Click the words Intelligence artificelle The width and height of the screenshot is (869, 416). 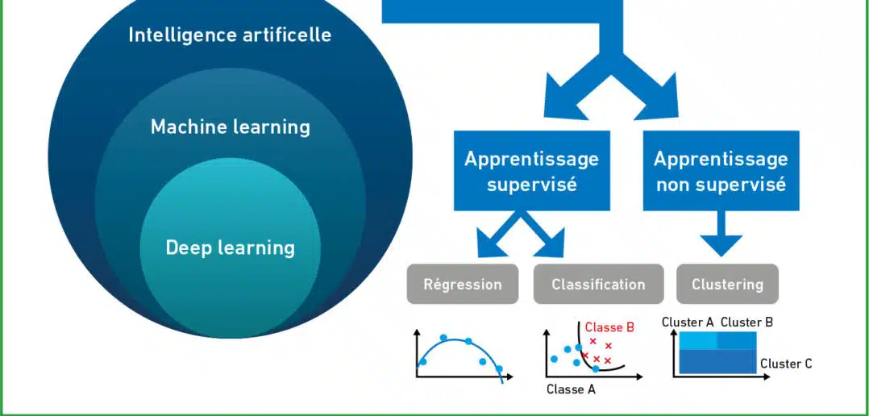tap(230, 35)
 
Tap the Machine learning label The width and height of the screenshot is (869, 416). tap(231, 127)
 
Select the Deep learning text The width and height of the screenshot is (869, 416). tap(230, 248)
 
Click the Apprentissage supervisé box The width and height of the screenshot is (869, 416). tap(531, 171)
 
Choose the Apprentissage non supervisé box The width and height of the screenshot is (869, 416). tap(721, 171)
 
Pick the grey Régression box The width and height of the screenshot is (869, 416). tap(463, 284)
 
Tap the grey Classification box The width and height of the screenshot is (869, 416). tap(598, 284)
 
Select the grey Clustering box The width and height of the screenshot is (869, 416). tap(728, 284)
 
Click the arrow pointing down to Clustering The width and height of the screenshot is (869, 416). tap(721, 233)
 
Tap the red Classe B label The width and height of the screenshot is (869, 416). tap(609, 327)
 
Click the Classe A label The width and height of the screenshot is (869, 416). tap(571, 389)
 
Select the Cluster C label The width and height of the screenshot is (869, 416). tap(786, 364)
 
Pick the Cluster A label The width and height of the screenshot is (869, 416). tap(688, 322)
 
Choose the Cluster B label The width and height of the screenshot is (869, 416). tap(746, 322)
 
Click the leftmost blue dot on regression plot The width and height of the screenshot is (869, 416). tap(423, 362)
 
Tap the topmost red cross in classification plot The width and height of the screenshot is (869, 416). tap(593, 341)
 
